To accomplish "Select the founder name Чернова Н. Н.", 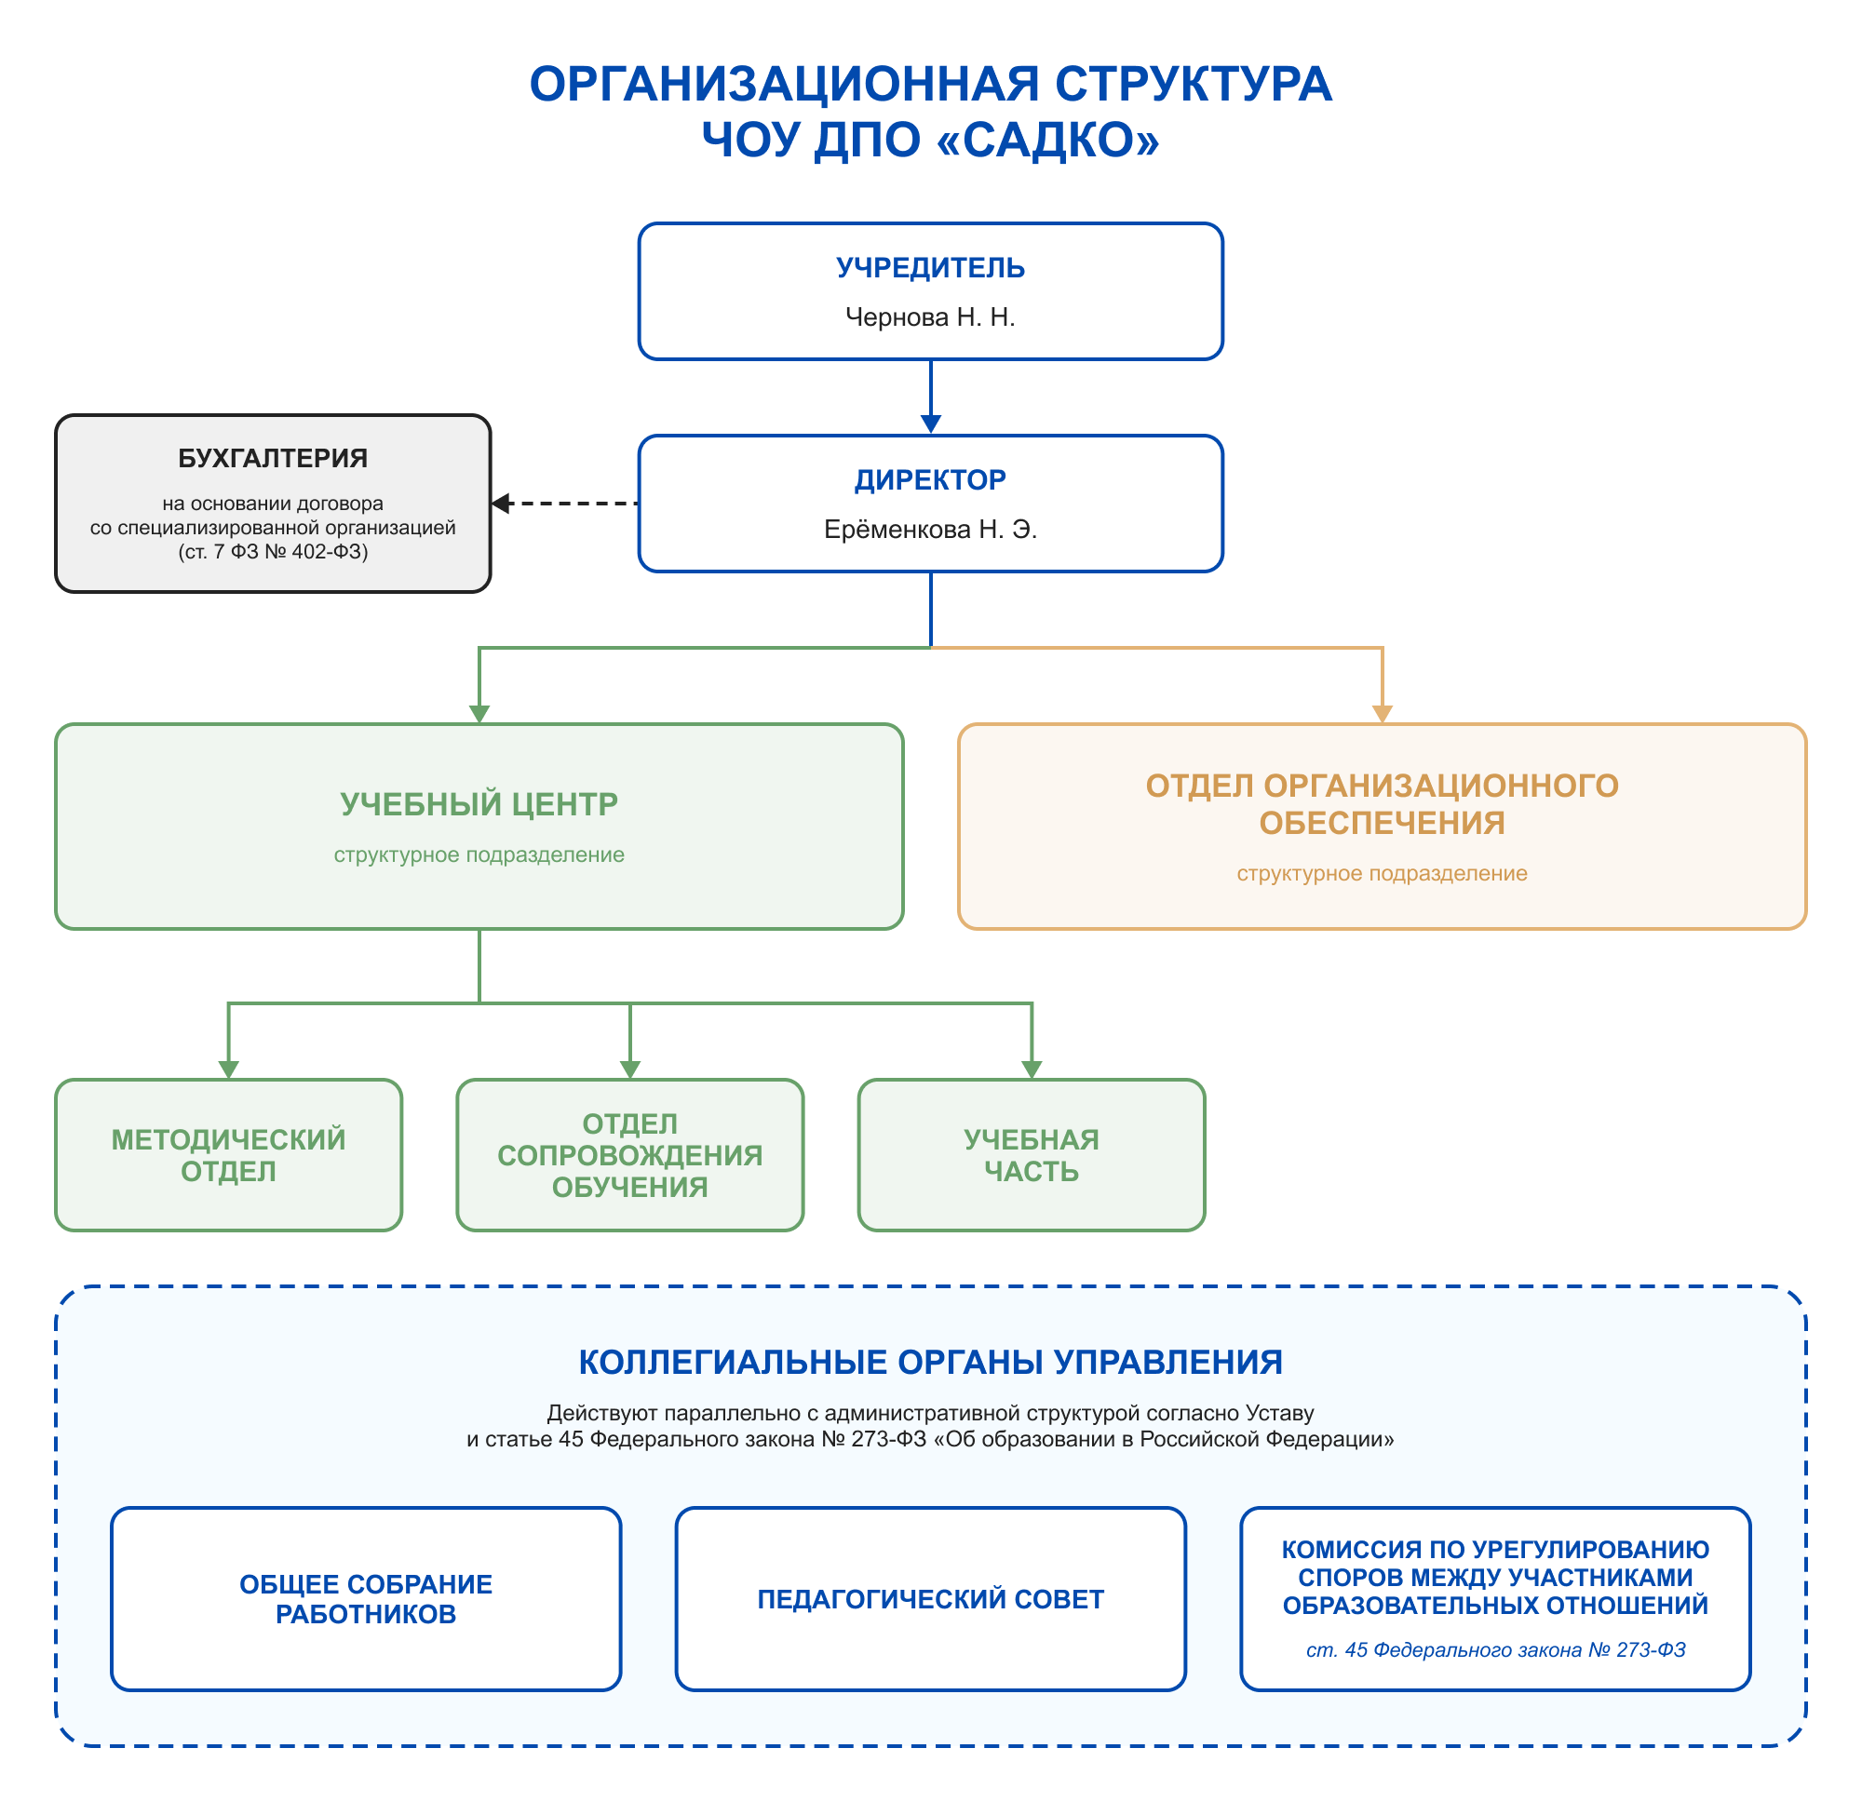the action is pyautogui.click(x=930, y=317).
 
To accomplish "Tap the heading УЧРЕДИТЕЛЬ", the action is pyautogui.click(x=930, y=268).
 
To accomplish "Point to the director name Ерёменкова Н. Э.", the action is pyautogui.click(x=930, y=529).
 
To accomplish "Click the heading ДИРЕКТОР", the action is pyautogui.click(x=930, y=479).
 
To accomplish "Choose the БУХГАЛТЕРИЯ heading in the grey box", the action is pyautogui.click(x=273, y=458).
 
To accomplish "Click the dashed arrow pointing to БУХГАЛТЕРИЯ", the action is pyautogui.click(x=564, y=504).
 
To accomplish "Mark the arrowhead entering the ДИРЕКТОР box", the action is pyautogui.click(x=931, y=424).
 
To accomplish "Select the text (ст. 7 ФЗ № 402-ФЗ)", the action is pyautogui.click(x=273, y=552).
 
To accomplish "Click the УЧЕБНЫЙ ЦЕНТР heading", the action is pyautogui.click(x=479, y=804).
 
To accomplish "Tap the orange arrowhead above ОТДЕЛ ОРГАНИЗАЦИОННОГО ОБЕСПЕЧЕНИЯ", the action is pyautogui.click(x=1383, y=713).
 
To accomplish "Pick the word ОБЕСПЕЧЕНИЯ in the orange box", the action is pyautogui.click(x=1383, y=823).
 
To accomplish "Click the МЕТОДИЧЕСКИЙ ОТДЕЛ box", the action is pyautogui.click(x=229, y=1155).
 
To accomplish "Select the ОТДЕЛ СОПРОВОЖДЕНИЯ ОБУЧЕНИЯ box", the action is pyautogui.click(x=630, y=1155).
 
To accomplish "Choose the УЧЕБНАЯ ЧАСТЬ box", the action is pyautogui.click(x=1032, y=1155).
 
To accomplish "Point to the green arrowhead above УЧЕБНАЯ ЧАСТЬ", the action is pyautogui.click(x=1032, y=1069).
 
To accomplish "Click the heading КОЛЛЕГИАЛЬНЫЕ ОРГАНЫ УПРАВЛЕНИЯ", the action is pyautogui.click(x=931, y=1362).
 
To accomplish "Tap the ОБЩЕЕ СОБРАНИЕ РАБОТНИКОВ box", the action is pyautogui.click(x=366, y=1599).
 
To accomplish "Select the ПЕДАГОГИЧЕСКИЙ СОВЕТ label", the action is pyautogui.click(x=931, y=1599).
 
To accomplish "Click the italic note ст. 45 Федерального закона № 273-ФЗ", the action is pyautogui.click(x=1495, y=1649).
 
